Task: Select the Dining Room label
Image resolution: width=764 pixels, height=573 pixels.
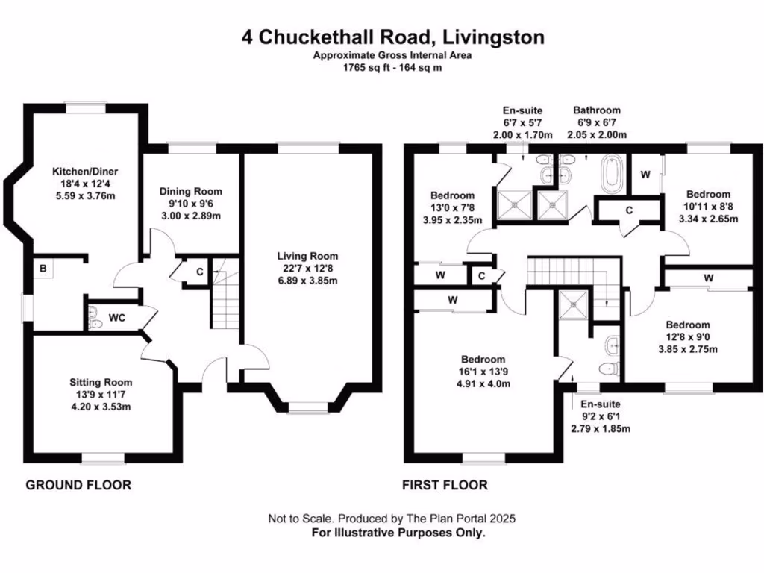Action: [x=191, y=192]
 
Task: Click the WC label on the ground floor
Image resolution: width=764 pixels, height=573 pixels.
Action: [x=116, y=318]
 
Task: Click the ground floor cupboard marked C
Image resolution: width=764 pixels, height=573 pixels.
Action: [x=200, y=272]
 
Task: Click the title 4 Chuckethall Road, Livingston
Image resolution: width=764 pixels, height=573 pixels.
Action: [x=392, y=37]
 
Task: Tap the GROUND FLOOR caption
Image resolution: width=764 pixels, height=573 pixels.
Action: [x=78, y=485]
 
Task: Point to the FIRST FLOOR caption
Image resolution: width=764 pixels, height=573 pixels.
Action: [x=445, y=485]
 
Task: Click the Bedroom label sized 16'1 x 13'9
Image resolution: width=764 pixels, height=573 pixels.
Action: [x=483, y=360]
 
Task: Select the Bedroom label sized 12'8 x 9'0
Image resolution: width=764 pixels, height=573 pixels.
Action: [x=687, y=325]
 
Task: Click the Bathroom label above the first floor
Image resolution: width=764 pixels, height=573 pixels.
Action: [x=595, y=110]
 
